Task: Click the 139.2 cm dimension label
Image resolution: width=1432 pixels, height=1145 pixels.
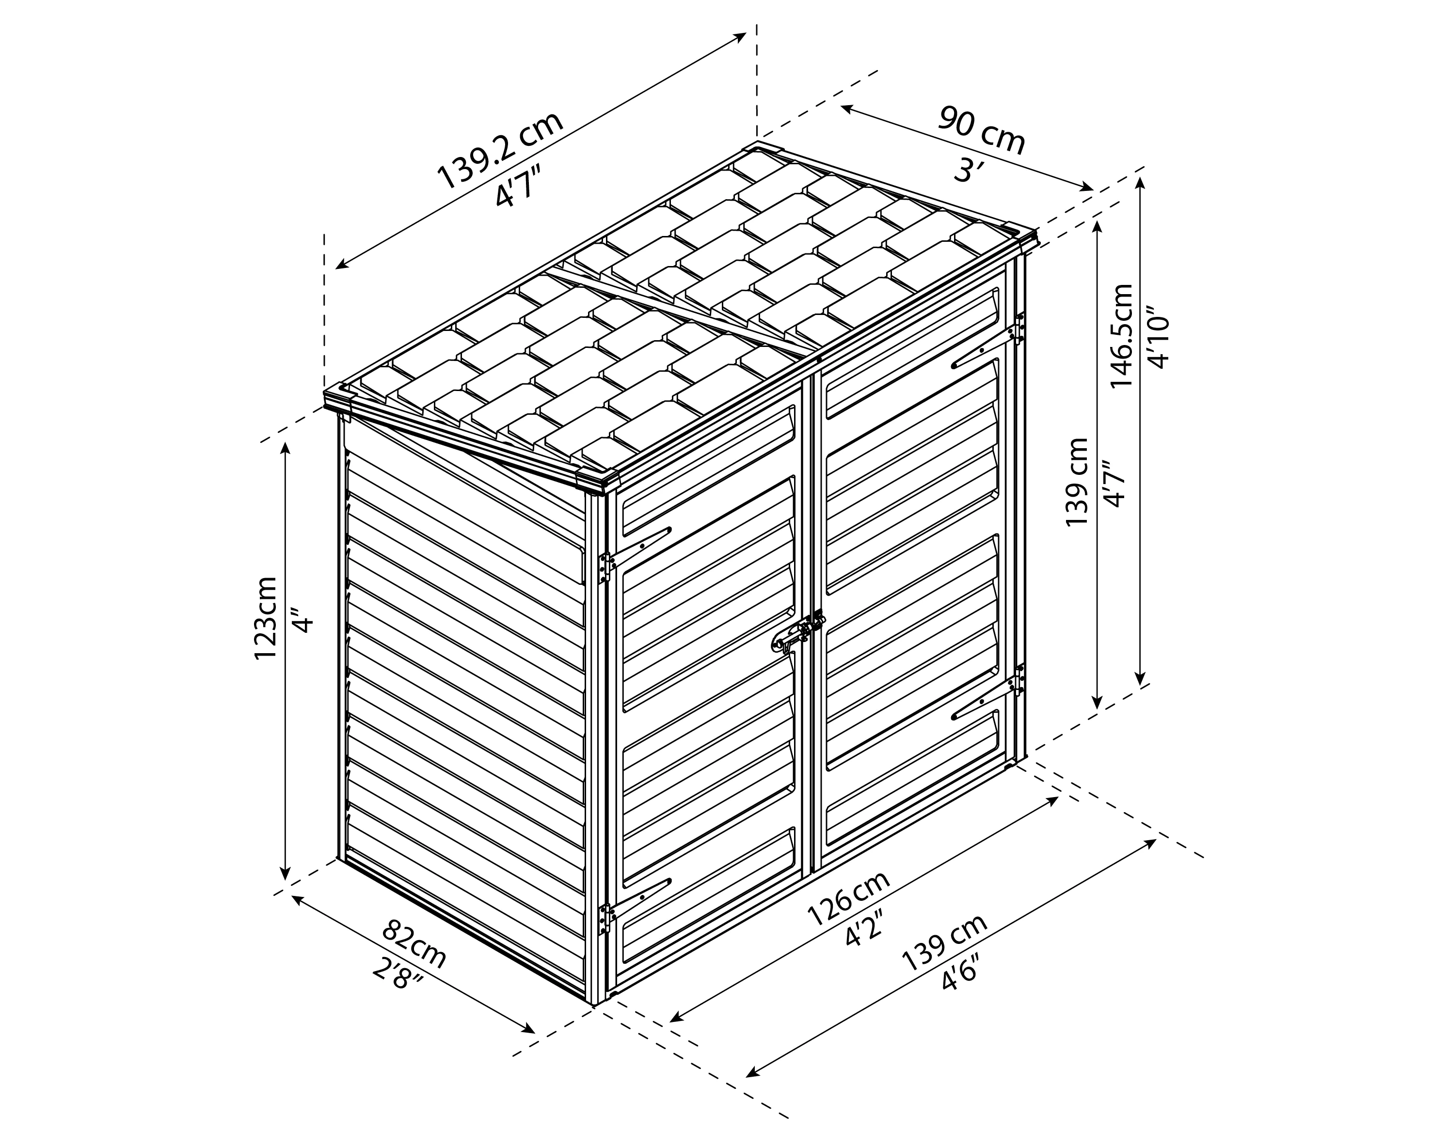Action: click(x=500, y=151)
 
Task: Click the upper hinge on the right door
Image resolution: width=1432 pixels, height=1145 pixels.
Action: click(x=1019, y=328)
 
